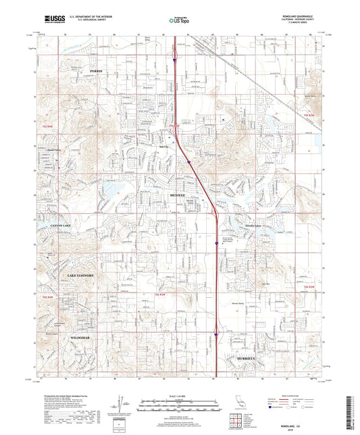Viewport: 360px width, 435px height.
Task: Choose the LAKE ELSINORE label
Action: click(x=80, y=276)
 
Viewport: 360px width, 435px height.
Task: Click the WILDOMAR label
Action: click(x=82, y=336)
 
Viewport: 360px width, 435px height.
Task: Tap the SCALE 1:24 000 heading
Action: click(x=180, y=396)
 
